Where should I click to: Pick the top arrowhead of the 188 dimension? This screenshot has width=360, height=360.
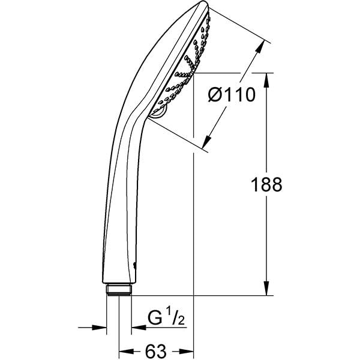pos(266,78)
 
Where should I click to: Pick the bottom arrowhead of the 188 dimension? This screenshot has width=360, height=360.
pos(266,290)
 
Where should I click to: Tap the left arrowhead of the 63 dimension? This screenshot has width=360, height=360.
pos(124,350)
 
